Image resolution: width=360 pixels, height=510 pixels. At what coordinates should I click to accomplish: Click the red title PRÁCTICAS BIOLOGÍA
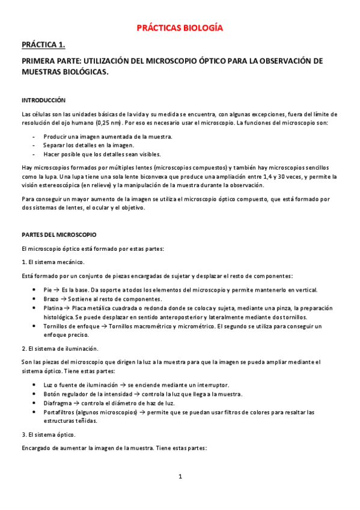point(180,28)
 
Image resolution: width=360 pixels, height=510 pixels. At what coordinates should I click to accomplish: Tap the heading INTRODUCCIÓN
point(43,100)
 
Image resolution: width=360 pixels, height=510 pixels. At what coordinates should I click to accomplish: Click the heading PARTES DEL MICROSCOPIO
point(58,233)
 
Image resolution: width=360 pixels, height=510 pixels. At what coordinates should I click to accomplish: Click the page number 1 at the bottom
point(180,476)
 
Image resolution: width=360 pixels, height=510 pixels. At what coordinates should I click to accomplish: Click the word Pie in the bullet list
point(48,290)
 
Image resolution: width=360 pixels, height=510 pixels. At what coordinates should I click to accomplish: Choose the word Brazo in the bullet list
point(52,299)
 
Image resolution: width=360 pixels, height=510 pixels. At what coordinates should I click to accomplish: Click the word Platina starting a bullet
point(53,308)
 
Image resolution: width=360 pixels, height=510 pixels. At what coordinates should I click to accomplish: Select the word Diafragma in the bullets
point(58,403)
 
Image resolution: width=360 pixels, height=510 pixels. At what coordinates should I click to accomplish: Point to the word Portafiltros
point(61,412)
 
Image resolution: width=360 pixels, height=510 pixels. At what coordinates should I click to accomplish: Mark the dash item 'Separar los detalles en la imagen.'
point(88,145)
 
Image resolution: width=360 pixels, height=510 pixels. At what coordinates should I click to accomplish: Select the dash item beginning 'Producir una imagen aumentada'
point(108,137)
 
